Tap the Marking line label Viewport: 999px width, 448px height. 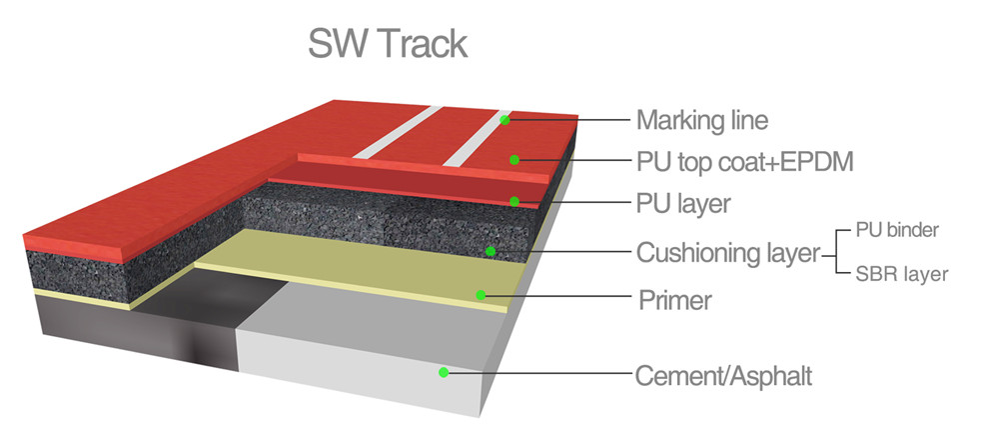pyautogui.click(x=702, y=121)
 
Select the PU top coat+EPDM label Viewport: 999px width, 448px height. pyautogui.click(x=744, y=161)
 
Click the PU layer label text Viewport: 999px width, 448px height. pyautogui.click(x=683, y=204)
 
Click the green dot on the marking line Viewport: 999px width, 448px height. pyautogui.click(x=505, y=120)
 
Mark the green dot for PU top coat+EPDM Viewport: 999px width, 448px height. pyautogui.click(x=514, y=159)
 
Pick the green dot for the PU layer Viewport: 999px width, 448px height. pyautogui.click(x=514, y=201)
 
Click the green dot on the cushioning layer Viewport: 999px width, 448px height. pyautogui.click(x=491, y=250)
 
